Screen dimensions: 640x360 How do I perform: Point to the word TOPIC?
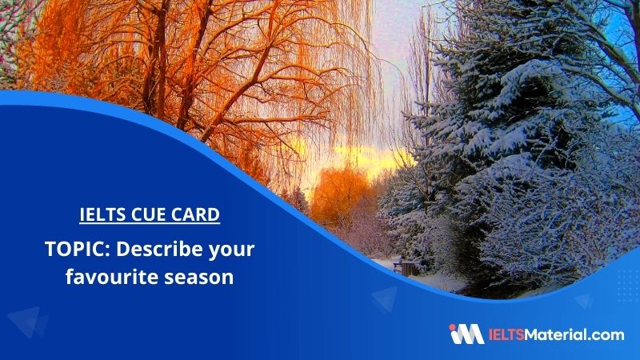[78, 249]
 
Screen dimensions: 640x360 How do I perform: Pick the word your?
[231, 250]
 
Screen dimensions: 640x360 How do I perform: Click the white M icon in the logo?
[470, 334]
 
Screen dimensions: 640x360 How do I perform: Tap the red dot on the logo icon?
[452, 327]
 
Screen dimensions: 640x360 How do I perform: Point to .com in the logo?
[607, 336]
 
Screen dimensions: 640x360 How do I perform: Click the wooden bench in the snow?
[406, 267]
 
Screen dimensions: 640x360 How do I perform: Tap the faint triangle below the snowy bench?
[385, 298]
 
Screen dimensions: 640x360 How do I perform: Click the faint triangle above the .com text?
[584, 302]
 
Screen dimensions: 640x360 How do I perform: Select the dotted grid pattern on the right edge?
[629, 286]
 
